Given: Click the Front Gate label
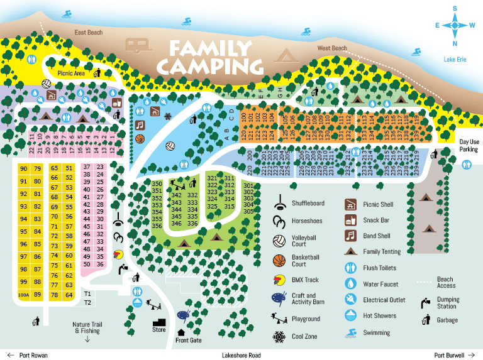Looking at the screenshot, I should (x=189, y=341).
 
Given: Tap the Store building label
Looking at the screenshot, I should (x=159, y=329).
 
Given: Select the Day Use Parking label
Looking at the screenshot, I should (x=469, y=146).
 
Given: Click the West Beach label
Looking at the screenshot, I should (x=332, y=48).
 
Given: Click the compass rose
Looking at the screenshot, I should (x=454, y=25).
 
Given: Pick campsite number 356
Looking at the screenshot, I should (x=157, y=226).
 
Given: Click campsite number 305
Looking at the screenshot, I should (x=248, y=212).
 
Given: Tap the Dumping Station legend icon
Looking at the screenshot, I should (x=425, y=303).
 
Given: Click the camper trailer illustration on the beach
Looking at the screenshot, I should (x=140, y=45).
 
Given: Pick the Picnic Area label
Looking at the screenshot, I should (x=71, y=73).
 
